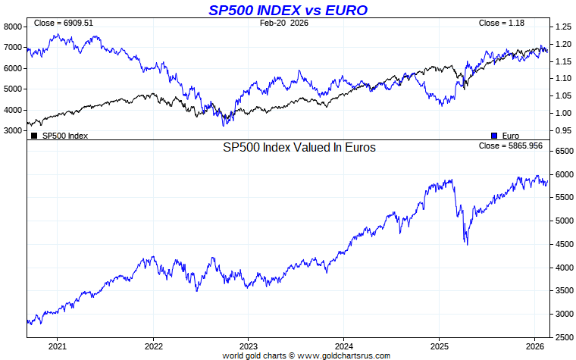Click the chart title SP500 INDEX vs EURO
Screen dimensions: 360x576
(x=288, y=10)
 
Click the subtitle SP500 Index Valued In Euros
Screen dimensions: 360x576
(x=299, y=148)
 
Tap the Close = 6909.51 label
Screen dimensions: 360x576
(x=64, y=23)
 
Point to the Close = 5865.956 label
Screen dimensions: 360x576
(x=510, y=146)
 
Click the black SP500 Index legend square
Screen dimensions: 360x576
(x=33, y=136)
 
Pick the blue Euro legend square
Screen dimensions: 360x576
(x=494, y=136)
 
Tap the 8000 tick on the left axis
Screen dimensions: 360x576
(x=13, y=27)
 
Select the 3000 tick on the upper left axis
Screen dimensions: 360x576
(x=13, y=130)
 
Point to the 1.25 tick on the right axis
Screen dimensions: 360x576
(x=562, y=27)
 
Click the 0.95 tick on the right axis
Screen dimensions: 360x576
(x=562, y=130)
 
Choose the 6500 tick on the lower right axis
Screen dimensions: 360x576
(x=564, y=152)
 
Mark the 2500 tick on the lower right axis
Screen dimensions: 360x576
(x=564, y=337)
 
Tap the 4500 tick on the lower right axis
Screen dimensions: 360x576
(x=564, y=244)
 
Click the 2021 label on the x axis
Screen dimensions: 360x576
(x=58, y=346)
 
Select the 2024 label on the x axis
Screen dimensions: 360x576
(x=343, y=346)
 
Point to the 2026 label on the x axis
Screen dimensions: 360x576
(x=534, y=346)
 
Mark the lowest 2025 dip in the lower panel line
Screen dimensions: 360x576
(x=467, y=244)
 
